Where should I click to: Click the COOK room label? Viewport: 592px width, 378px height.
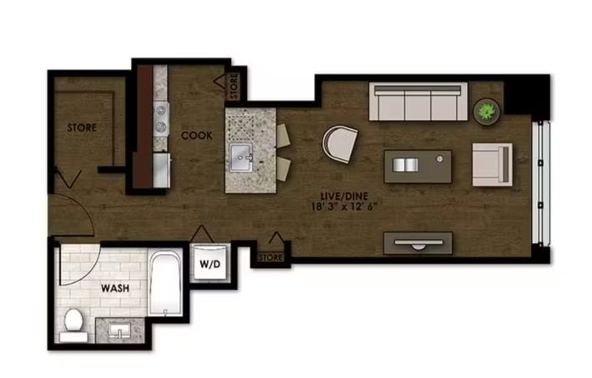(196, 135)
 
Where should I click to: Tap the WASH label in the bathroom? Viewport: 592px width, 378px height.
(115, 288)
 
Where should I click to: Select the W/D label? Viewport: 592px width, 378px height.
(210, 264)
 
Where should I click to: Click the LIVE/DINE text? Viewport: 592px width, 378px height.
(344, 196)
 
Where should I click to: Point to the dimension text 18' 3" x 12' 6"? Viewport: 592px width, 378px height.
(344, 206)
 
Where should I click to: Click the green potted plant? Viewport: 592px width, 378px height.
(486, 112)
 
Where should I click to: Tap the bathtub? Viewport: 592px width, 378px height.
(164, 283)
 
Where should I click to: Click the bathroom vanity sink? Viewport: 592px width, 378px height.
(120, 331)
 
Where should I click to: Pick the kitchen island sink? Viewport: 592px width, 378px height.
(241, 157)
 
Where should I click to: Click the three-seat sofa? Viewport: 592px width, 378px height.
(418, 102)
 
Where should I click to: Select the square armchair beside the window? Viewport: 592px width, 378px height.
(492, 164)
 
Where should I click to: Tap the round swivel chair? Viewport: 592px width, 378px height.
(340, 144)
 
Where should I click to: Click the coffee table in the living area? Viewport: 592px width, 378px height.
(418, 167)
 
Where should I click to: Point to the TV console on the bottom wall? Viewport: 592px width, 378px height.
(418, 243)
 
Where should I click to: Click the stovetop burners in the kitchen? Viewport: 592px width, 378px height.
(161, 118)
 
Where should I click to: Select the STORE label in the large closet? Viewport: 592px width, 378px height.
(82, 127)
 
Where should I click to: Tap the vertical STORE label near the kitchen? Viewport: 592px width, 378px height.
(234, 86)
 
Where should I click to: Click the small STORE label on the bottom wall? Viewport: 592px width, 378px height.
(271, 257)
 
